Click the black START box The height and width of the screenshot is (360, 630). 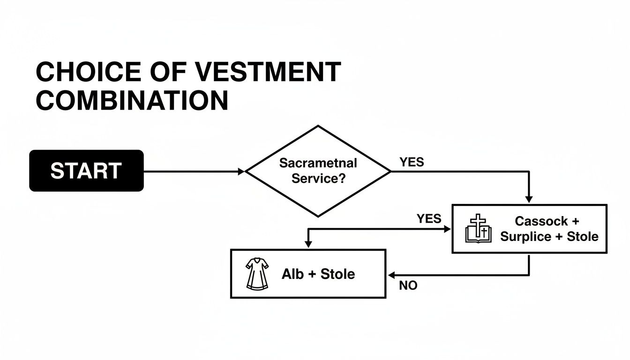coord(86,171)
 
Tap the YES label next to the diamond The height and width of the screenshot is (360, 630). coord(412,162)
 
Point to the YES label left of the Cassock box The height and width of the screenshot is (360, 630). coord(428,218)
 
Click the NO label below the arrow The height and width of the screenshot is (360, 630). coord(408,285)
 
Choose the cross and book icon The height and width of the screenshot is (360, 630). coord(478,229)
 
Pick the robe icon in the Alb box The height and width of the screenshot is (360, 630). coord(257,274)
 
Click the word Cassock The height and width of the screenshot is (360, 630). coord(541,221)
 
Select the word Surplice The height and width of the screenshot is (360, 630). coord(525,236)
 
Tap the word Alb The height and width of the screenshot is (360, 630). coord(292,274)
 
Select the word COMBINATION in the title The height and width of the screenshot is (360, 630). coord(132,100)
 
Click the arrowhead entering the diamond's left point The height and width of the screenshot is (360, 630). coord(242,172)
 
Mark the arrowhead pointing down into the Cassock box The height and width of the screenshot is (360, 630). coord(529,200)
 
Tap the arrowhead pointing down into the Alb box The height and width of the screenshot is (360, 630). coord(308,244)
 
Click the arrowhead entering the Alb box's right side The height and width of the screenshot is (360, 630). coord(391,275)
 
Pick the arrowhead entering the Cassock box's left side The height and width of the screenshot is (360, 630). coord(447,229)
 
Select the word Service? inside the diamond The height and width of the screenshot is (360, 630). coord(318,179)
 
